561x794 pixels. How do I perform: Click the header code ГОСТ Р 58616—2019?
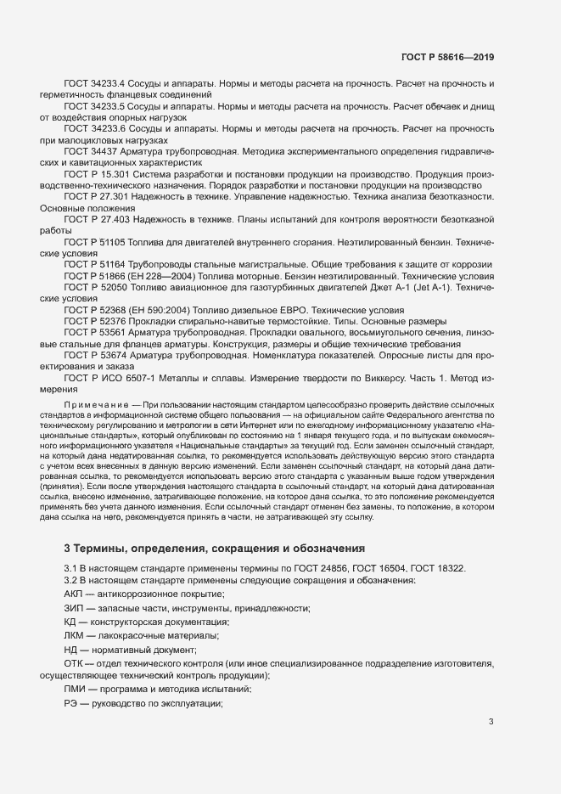[446, 57]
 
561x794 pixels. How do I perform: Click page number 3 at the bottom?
[491, 723]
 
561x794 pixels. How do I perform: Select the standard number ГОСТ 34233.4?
[94, 87]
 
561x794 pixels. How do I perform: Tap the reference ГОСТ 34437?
[88, 150]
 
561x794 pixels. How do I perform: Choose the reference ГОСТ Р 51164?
[93, 265]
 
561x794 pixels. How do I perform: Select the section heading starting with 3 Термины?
[215, 549]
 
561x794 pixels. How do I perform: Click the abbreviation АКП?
[75, 594]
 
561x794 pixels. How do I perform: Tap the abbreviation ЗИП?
[75, 608]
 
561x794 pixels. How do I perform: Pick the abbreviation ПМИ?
[76, 690]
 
